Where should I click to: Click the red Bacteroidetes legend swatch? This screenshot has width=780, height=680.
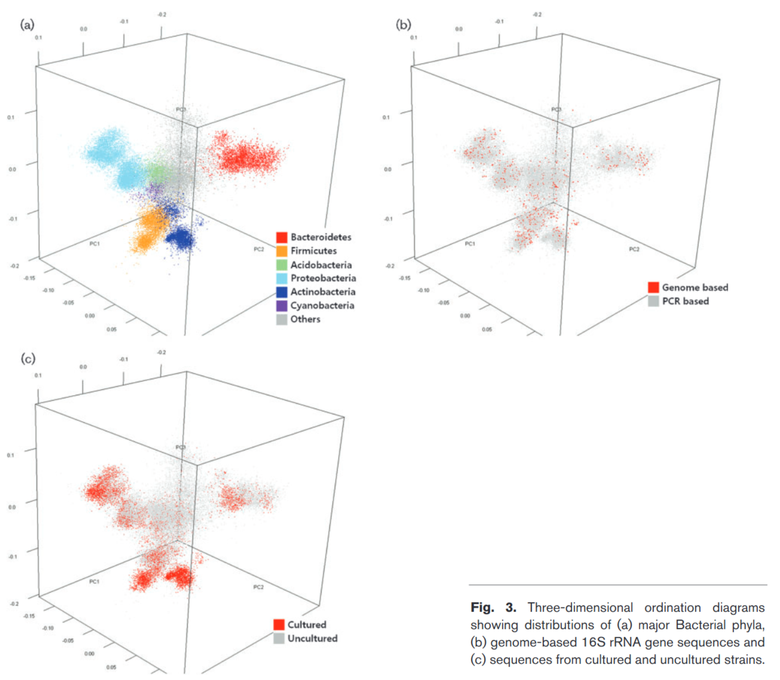point(281,237)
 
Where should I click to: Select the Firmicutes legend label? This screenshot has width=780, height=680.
point(313,251)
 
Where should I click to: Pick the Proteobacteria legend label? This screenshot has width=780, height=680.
point(323,278)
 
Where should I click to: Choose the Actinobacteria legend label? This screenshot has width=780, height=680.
point(323,292)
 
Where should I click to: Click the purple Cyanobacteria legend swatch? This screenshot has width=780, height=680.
point(281,306)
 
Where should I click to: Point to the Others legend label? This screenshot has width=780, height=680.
point(305,319)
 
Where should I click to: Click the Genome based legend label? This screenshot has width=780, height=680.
point(695,287)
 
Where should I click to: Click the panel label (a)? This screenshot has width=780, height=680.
point(27,25)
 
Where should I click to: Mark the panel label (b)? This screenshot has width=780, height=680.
point(403,25)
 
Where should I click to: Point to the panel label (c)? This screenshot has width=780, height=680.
point(28,358)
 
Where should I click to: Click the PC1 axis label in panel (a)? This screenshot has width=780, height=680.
point(94,244)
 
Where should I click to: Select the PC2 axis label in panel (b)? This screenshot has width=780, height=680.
point(634,249)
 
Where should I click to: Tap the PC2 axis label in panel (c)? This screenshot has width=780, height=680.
point(258,587)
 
